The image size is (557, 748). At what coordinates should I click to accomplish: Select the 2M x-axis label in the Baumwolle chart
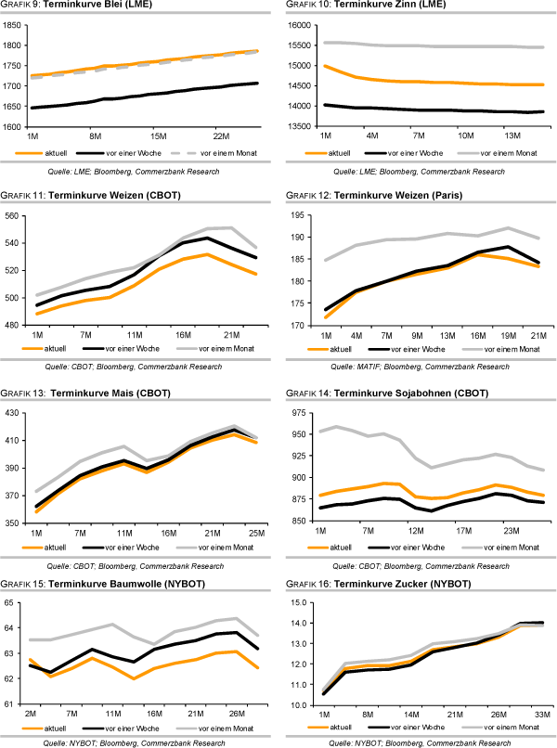(32, 715)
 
